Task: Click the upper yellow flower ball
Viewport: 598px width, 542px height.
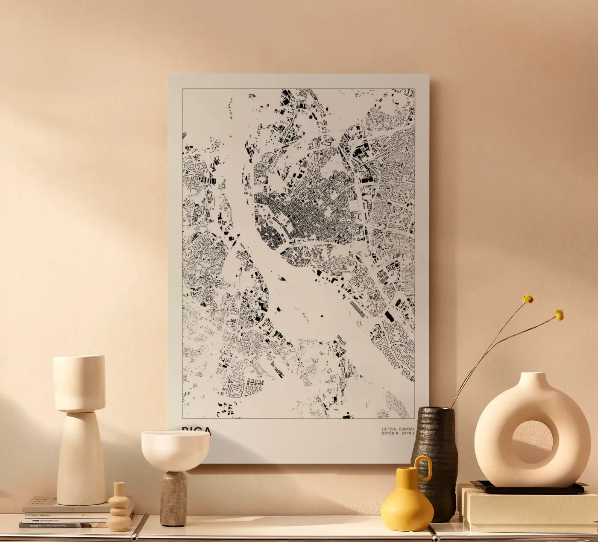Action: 528,299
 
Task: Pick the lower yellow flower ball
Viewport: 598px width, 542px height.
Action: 559,315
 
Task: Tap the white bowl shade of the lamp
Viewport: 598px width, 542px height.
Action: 175,448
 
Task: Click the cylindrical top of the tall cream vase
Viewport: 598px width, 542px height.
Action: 79,382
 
